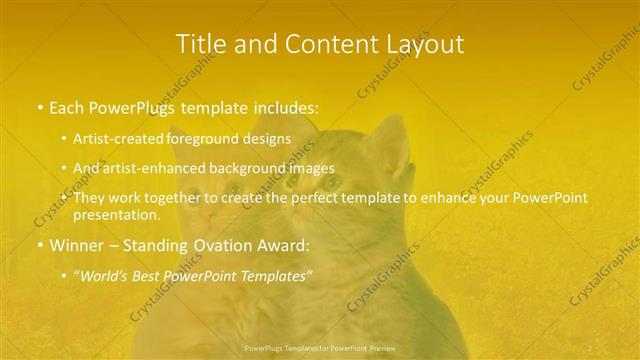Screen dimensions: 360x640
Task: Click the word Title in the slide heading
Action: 198,44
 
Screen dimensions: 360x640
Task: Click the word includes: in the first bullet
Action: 286,105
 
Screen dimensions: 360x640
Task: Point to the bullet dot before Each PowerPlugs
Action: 39,105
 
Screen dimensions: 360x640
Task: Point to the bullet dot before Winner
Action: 39,245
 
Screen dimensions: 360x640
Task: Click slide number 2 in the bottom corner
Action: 590,347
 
